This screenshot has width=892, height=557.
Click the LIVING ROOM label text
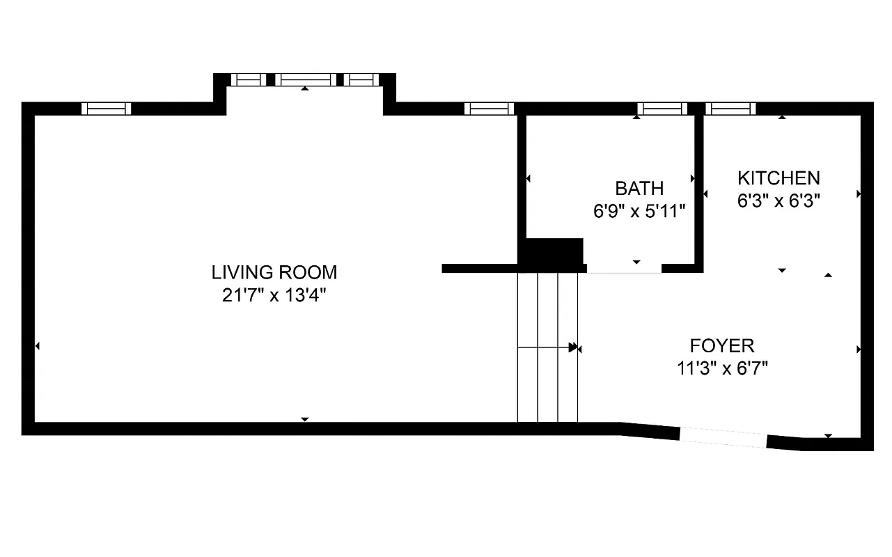[274, 272]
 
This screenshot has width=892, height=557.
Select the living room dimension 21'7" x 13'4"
[274, 295]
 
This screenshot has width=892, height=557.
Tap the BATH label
[639, 189]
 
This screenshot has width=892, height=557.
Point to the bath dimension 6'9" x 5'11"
[639, 212]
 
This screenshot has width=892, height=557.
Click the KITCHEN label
[778, 178]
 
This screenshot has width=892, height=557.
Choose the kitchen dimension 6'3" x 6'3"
[778, 201]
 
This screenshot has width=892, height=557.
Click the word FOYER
[722, 346]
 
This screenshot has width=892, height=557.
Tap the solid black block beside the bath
[554, 251]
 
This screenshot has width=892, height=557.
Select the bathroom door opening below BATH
[624, 269]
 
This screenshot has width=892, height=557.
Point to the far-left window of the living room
[106, 109]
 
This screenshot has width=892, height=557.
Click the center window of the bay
[305, 79]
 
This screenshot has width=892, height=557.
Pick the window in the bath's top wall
[662, 109]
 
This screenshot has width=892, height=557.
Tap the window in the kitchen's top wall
[730, 109]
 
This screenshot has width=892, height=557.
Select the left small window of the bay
[248, 79]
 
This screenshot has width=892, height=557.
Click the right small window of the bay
[361, 79]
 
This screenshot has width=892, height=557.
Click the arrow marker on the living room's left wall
[37, 346]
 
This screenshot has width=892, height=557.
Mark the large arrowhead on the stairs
[573, 347]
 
